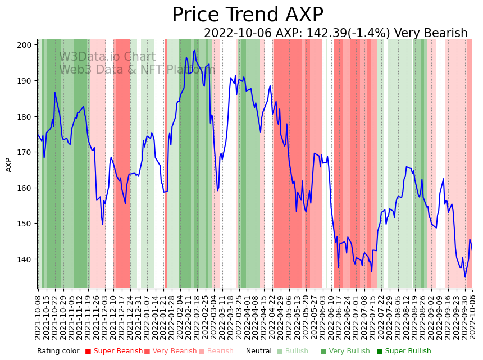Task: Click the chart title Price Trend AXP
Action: pyautogui.click(x=248, y=15)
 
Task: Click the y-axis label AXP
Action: pyautogui.click(x=9, y=165)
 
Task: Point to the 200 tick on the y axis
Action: pyautogui.click(x=26, y=45)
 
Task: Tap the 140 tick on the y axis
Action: pyautogui.click(x=26, y=259)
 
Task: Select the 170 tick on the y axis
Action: pyautogui.click(x=26, y=152)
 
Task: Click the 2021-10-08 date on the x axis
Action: pyautogui.click(x=38, y=317)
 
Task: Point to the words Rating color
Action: pyautogui.click(x=58, y=352)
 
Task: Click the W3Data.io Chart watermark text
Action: pyautogui.click(x=107, y=57)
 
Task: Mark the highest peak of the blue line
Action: pyautogui.click(x=194, y=51)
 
